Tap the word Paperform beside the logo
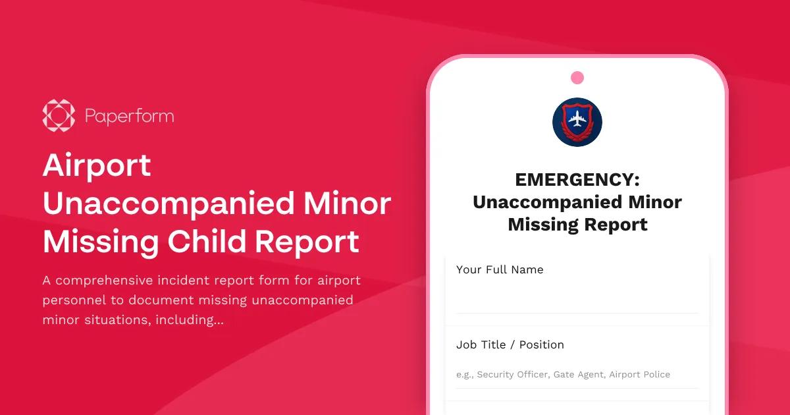130,117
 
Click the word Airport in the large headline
97,165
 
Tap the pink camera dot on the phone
577,78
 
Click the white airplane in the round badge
577,120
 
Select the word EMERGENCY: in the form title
577,180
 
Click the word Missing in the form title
540,225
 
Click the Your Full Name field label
500,269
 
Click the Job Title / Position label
510,345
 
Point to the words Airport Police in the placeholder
639,375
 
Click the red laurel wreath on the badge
577,138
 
